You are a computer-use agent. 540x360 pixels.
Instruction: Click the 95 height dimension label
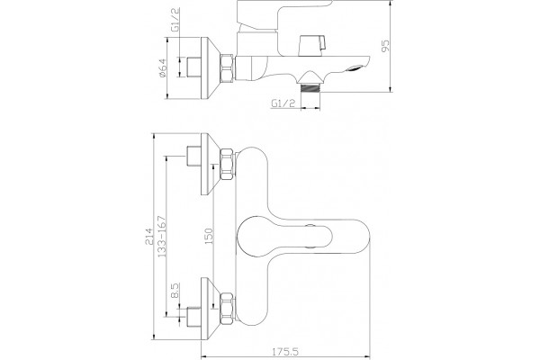386,46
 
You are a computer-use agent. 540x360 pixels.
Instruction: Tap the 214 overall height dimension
148,236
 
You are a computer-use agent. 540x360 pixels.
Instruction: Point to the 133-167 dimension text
162,237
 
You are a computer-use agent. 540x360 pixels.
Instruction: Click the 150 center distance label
209,237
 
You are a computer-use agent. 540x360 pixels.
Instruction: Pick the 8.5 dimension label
175,290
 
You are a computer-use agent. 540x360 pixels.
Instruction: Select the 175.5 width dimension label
285,352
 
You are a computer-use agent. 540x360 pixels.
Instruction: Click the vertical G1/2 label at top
175,20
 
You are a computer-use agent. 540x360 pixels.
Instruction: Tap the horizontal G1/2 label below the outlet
283,103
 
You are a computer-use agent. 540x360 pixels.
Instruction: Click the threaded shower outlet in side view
310,87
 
